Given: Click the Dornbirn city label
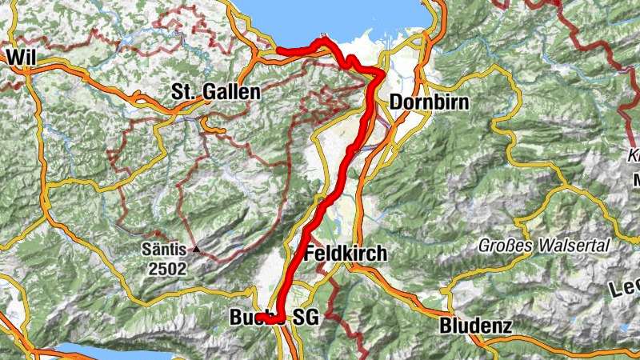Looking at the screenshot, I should [x=429, y=102].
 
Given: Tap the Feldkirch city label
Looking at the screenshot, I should [x=346, y=254].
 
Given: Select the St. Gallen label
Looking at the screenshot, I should [x=216, y=93].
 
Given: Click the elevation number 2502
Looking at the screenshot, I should [x=166, y=269].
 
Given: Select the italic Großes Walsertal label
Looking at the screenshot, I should [x=544, y=245].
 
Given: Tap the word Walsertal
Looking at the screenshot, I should [x=573, y=245].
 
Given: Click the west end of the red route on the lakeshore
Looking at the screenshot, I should [x=278, y=52].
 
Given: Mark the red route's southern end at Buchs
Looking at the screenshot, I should [x=260, y=318].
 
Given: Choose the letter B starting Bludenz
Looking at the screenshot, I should [x=446, y=326].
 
